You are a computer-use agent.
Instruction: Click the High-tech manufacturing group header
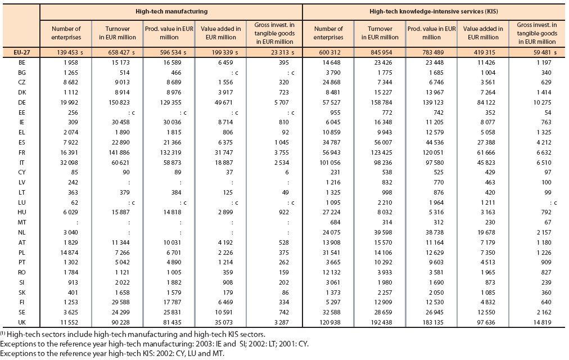[x=171, y=11]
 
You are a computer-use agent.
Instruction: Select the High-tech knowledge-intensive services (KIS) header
[x=433, y=11]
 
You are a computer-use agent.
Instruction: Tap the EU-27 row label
[x=22, y=52]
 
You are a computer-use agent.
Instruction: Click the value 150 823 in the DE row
[x=119, y=102]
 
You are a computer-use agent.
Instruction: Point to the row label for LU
[x=22, y=202]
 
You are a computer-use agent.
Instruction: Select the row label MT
[x=22, y=222]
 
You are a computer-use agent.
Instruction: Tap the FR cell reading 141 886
[x=119, y=152]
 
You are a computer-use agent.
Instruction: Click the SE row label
[x=22, y=312]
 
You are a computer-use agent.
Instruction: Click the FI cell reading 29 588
[x=120, y=302]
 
